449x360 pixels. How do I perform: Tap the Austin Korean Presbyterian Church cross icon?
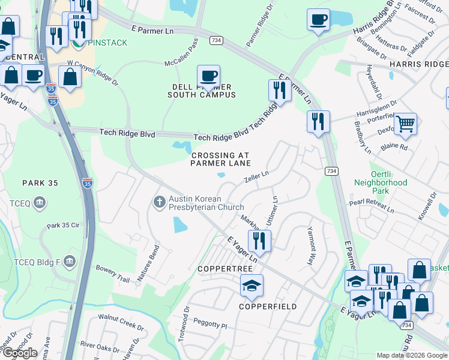point(159,201)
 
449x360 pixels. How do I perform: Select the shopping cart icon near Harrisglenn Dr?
point(406,124)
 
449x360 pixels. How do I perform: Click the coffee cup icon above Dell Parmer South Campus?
point(208,76)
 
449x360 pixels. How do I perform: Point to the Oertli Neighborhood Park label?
point(381,182)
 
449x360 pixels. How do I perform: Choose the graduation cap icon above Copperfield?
point(252,285)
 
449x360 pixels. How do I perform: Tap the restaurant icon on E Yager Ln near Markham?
point(259,240)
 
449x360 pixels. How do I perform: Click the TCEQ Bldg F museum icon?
point(70,261)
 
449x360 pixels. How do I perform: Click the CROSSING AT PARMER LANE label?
point(220,159)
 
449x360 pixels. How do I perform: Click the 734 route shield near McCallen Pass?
point(215,40)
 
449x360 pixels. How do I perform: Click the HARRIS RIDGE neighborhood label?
point(418,64)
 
